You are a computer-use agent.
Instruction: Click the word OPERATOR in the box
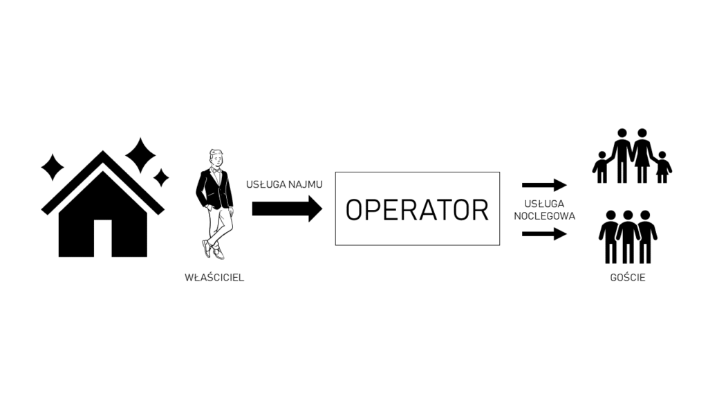click(x=417, y=210)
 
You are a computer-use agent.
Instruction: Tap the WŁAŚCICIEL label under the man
click(x=214, y=277)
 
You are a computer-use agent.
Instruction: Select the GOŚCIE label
click(x=628, y=277)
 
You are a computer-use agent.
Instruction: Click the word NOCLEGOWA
click(x=545, y=216)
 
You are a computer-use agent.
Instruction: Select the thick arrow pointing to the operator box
click(x=287, y=209)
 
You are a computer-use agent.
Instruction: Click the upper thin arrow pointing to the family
click(x=545, y=184)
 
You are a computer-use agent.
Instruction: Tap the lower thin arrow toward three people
click(x=545, y=234)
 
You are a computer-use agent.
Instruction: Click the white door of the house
click(x=103, y=238)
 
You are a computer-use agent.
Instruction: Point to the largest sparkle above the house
click(x=140, y=155)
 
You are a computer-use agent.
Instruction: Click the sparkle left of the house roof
click(x=53, y=167)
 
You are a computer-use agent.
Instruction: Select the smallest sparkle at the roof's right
click(x=160, y=177)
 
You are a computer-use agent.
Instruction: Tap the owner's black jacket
click(x=214, y=188)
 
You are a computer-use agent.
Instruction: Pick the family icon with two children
click(x=632, y=156)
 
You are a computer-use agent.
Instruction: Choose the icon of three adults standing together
click(x=628, y=237)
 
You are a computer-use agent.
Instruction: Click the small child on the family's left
click(x=602, y=168)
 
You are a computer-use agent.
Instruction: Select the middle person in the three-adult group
click(x=628, y=237)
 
